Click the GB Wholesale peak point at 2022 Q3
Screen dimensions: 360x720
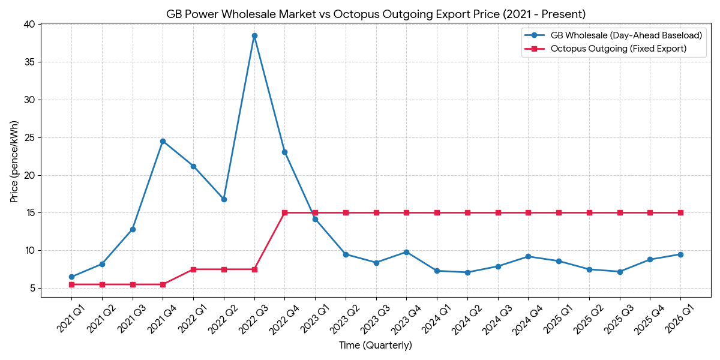click(x=254, y=36)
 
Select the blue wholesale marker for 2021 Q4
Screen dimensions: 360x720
click(x=163, y=142)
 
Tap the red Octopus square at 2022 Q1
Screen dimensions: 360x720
click(x=193, y=269)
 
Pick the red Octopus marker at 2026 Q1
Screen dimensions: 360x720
click(x=680, y=212)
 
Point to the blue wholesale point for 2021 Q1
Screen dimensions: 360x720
click(x=71, y=277)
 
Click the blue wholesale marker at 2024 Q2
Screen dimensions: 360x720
click(x=467, y=272)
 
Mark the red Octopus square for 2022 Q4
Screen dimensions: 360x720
click(x=284, y=212)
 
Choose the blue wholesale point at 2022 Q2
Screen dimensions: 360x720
click(x=224, y=199)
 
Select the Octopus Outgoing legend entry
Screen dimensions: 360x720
click(x=618, y=49)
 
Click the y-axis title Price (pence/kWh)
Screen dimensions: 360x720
click(x=14, y=161)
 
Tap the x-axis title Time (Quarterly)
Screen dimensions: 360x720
click(x=376, y=346)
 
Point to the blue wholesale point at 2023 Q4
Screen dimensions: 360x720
click(x=406, y=252)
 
